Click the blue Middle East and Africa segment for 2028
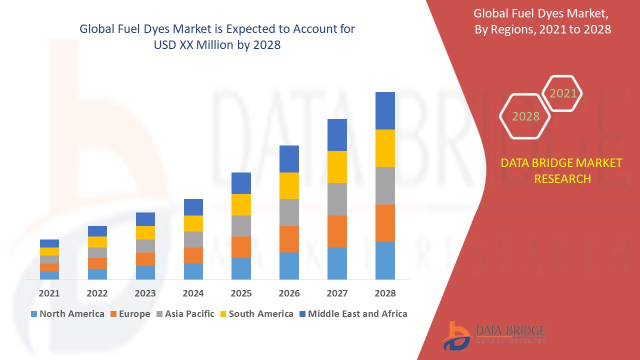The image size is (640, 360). [385, 110]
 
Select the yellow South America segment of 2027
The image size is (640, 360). [337, 167]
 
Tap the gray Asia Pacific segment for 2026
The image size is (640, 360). [289, 212]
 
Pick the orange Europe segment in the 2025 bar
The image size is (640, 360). [241, 247]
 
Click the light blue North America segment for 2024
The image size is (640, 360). [193, 271]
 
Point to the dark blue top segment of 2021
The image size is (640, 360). [49, 243]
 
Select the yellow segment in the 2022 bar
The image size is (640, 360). [97, 242]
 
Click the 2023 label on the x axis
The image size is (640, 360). [145, 293]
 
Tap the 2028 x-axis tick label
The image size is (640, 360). [385, 293]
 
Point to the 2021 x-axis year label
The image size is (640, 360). [49, 293]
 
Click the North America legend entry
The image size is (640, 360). [67, 314]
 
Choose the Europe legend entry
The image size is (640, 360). [129, 314]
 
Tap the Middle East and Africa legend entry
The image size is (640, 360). [352, 314]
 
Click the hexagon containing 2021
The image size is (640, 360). [562, 93]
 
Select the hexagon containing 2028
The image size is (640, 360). [525, 116]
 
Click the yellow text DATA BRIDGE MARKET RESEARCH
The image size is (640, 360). [562, 170]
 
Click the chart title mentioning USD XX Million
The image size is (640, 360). [217, 37]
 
